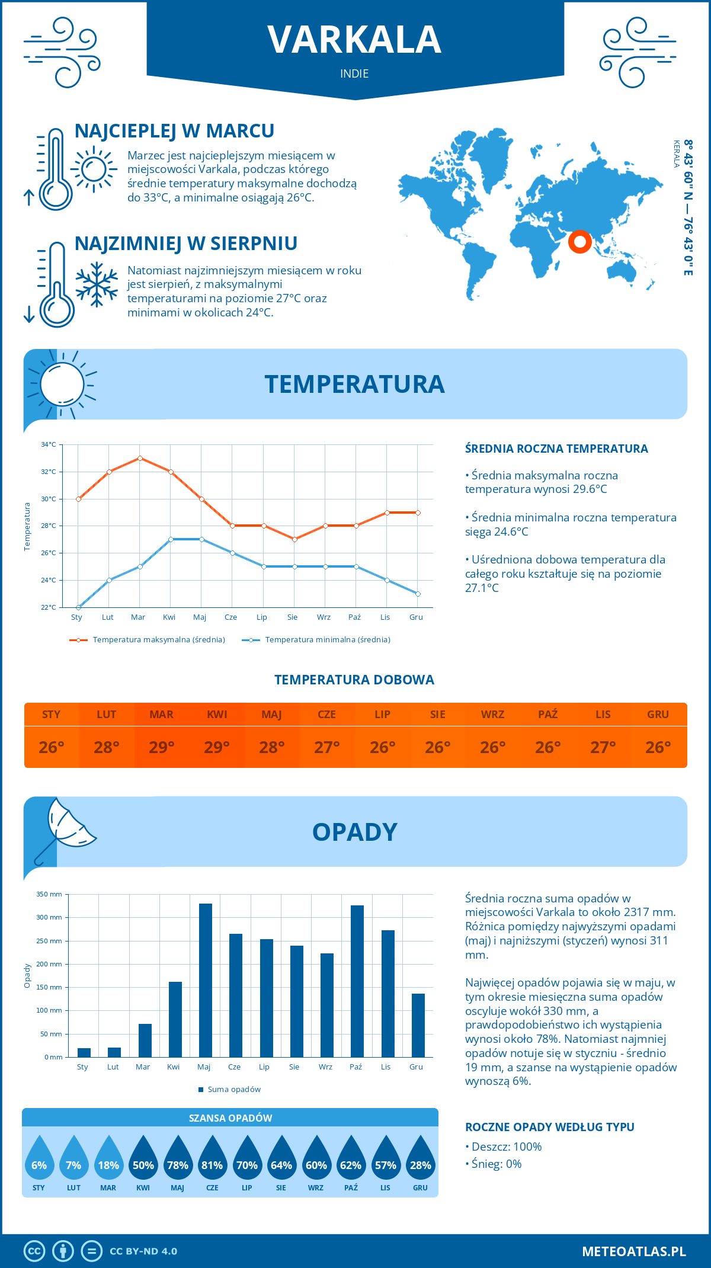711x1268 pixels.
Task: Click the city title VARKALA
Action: [x=354, y=40]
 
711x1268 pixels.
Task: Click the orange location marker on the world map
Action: [x=580, y=241]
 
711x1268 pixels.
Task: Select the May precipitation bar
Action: [x=206, y=980]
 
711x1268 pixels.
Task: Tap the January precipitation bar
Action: [x=84, y=1052]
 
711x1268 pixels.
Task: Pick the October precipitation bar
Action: [x=357, y=981]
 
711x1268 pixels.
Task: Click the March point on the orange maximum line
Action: [x=140, y=458]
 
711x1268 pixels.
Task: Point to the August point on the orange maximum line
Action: [x=294, y=539]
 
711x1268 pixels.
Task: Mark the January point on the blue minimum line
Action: [x=78, y=607]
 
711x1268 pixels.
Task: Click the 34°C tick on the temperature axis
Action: [x=49, y=444]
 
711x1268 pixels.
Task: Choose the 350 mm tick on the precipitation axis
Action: [x=49, y=894]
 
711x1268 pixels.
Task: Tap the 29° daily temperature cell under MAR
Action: [x=162, y=747]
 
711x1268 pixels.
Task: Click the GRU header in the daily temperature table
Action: [x=658, y=715]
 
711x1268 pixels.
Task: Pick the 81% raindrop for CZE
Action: [x=212, y=1161]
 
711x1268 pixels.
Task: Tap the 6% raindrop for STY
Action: [x=39, y=1161]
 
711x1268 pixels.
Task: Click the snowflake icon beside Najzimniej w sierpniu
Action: [x=97, y=284]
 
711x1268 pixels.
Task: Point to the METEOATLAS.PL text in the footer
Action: [x=633, y=1251]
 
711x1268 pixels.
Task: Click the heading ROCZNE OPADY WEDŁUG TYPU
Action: [x=549, y=1127]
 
